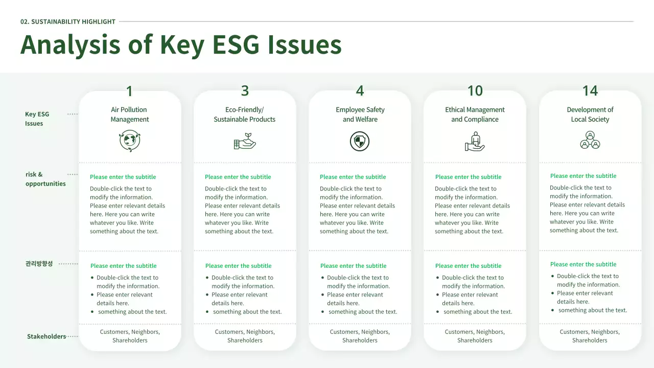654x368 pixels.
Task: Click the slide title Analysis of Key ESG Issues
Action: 181,44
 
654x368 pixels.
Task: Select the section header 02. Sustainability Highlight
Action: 68,21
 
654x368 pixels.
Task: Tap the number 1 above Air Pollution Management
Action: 130,91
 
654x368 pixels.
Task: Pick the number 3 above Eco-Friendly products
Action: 245,90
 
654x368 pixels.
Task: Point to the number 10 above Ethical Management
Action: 475,90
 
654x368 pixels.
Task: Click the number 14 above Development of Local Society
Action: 590,90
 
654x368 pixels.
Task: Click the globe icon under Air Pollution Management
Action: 130,141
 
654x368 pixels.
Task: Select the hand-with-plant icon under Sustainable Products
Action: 245,141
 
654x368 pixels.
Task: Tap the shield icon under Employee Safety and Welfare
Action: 360,141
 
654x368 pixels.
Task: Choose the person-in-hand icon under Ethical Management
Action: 475,141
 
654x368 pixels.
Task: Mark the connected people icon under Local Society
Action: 590,140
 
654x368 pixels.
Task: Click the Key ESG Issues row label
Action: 37,119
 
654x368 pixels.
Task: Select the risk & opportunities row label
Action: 45,179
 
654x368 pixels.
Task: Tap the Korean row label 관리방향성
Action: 39,264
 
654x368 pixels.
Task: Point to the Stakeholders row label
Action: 46,336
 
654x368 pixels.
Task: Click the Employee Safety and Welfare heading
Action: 360,114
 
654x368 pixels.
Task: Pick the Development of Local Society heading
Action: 590,114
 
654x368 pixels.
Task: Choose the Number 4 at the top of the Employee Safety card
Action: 360,91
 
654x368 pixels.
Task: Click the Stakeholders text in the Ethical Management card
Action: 475,336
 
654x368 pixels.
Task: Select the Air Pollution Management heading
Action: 130,114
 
